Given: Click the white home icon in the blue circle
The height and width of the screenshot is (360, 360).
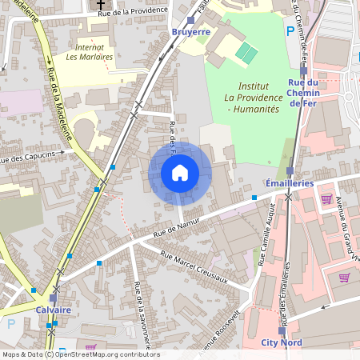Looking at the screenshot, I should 180,173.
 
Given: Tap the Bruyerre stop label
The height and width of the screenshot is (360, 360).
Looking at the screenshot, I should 190,32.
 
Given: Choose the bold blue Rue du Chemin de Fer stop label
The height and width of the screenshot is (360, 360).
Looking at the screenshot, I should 303,93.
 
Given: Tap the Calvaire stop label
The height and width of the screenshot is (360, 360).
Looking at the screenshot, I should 54,310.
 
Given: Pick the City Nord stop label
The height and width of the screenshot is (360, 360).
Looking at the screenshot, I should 282,342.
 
